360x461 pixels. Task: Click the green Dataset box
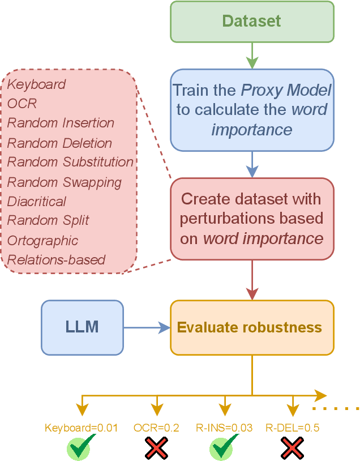pos(251,22)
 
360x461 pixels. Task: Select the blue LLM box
pos(82,327)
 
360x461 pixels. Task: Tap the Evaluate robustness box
pos(252,327)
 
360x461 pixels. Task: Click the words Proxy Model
pos(286,91)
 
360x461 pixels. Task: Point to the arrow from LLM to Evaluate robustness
pos(147,327)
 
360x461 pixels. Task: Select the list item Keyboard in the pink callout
pos(37,84)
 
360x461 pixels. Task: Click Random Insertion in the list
pos(61,123)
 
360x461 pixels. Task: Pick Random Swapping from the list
pos(64,182)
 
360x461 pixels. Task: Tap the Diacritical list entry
pos(37,202)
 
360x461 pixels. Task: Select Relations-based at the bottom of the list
pos(56,260)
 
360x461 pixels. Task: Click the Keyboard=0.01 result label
pos(82,428)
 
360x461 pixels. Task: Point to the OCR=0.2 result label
pos(156,428)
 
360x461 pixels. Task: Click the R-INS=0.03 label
pos(225,428)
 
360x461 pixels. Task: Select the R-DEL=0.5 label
pos(292,428)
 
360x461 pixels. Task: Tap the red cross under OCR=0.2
pos(156,447)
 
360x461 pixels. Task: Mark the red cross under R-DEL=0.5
pos(292,447)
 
